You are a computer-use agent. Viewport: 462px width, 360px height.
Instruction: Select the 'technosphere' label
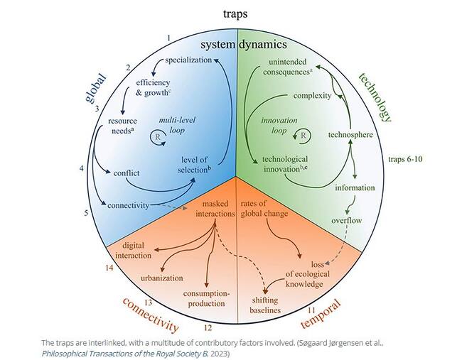[x=351, y=135]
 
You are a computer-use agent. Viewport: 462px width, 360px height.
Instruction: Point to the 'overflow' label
[x=347, y=220]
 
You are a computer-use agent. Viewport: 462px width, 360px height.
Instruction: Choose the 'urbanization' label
[x=162, y=278]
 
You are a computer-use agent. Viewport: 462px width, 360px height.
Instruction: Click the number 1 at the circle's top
[x=168, y=37]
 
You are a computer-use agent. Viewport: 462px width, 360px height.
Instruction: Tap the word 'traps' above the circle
[x=236, y=13]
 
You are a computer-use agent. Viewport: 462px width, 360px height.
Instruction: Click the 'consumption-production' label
[x=207, y=298]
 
